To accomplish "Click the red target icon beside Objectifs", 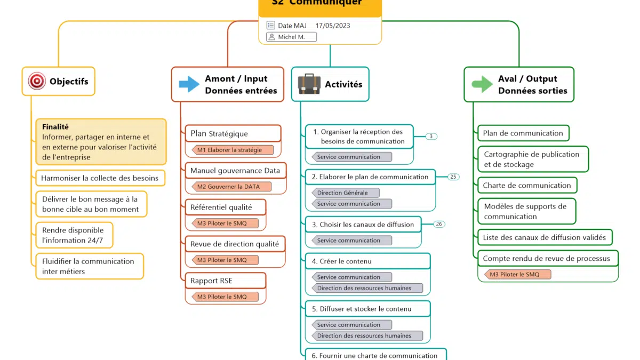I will tap(37, 82).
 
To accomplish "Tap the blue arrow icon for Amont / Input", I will tap(189, 84).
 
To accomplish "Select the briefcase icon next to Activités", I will tap(309, 84).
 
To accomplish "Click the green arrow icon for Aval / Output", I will tap(482, 84).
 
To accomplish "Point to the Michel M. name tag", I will tap(291, 37).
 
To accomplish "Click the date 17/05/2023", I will tap(333, 25).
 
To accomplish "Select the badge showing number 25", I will tap(453, 177).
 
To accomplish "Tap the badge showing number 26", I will tap(439, 224).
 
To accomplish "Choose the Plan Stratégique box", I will tap(233, 133).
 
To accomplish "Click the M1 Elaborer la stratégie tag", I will tap(232, 150).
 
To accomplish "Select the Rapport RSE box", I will tap(225, 281).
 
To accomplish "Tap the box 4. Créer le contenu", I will tap(367, 261).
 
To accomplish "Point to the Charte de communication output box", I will tap(527, 186).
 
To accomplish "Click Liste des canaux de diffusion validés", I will tap(544, 237).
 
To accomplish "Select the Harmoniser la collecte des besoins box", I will tap(100, 178).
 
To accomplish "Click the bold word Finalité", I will tap(55, 127).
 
